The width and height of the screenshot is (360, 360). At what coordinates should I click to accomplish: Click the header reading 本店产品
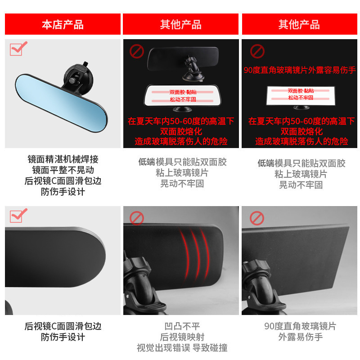(x=63, y=25)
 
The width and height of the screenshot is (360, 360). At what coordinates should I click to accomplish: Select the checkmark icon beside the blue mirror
(x=18, y=49)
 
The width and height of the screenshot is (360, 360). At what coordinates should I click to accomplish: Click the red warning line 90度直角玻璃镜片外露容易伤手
(x=300, y=70)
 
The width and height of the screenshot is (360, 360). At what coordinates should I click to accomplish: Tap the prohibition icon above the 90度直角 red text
(x=257, y=51)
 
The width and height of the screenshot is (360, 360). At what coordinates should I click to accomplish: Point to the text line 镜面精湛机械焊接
(x=63, y=159)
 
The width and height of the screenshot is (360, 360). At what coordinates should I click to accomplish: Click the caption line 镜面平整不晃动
(x=63, y=170)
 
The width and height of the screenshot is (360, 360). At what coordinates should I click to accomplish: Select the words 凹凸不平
(x=182, y=326)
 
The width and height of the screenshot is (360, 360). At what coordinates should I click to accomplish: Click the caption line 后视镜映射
(x=182, y=337)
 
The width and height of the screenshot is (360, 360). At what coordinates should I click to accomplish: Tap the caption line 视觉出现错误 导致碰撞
(x=182, y=348)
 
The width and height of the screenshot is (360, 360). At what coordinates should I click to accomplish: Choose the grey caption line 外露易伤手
(x=300, y=337)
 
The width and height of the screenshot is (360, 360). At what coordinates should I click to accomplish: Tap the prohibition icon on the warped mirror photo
(x=137, y=218)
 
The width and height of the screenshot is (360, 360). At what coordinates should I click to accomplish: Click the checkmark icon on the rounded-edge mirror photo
(x=18, y=216)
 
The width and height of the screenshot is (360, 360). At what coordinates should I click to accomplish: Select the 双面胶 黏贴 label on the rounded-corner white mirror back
(x=183, y=92)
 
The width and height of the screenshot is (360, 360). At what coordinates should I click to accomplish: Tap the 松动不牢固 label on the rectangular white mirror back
(x=301, y=98)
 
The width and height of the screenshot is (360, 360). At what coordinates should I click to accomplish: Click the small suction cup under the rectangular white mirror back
(x=301, y=108)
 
